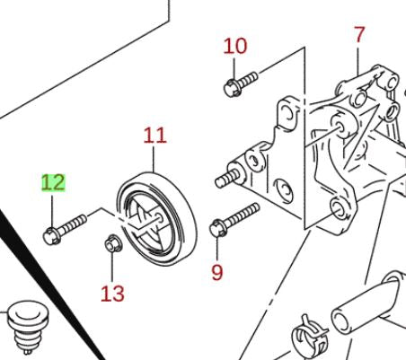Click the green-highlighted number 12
(53, 182)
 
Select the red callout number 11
(154, 136)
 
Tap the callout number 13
(112, 294)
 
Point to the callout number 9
(217, 272)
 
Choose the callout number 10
(235, 46)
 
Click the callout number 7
(359, 34)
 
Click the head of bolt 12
(51, 236)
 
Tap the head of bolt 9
(217, 228)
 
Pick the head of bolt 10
(232, 87)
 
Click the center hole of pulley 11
(159, 218)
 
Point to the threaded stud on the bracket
(226, 180)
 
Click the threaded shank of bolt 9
(242, 215)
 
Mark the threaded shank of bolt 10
(247, 79)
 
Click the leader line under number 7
(358, 58)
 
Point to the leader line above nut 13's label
(112, 267)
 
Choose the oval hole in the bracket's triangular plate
(283, 191)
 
